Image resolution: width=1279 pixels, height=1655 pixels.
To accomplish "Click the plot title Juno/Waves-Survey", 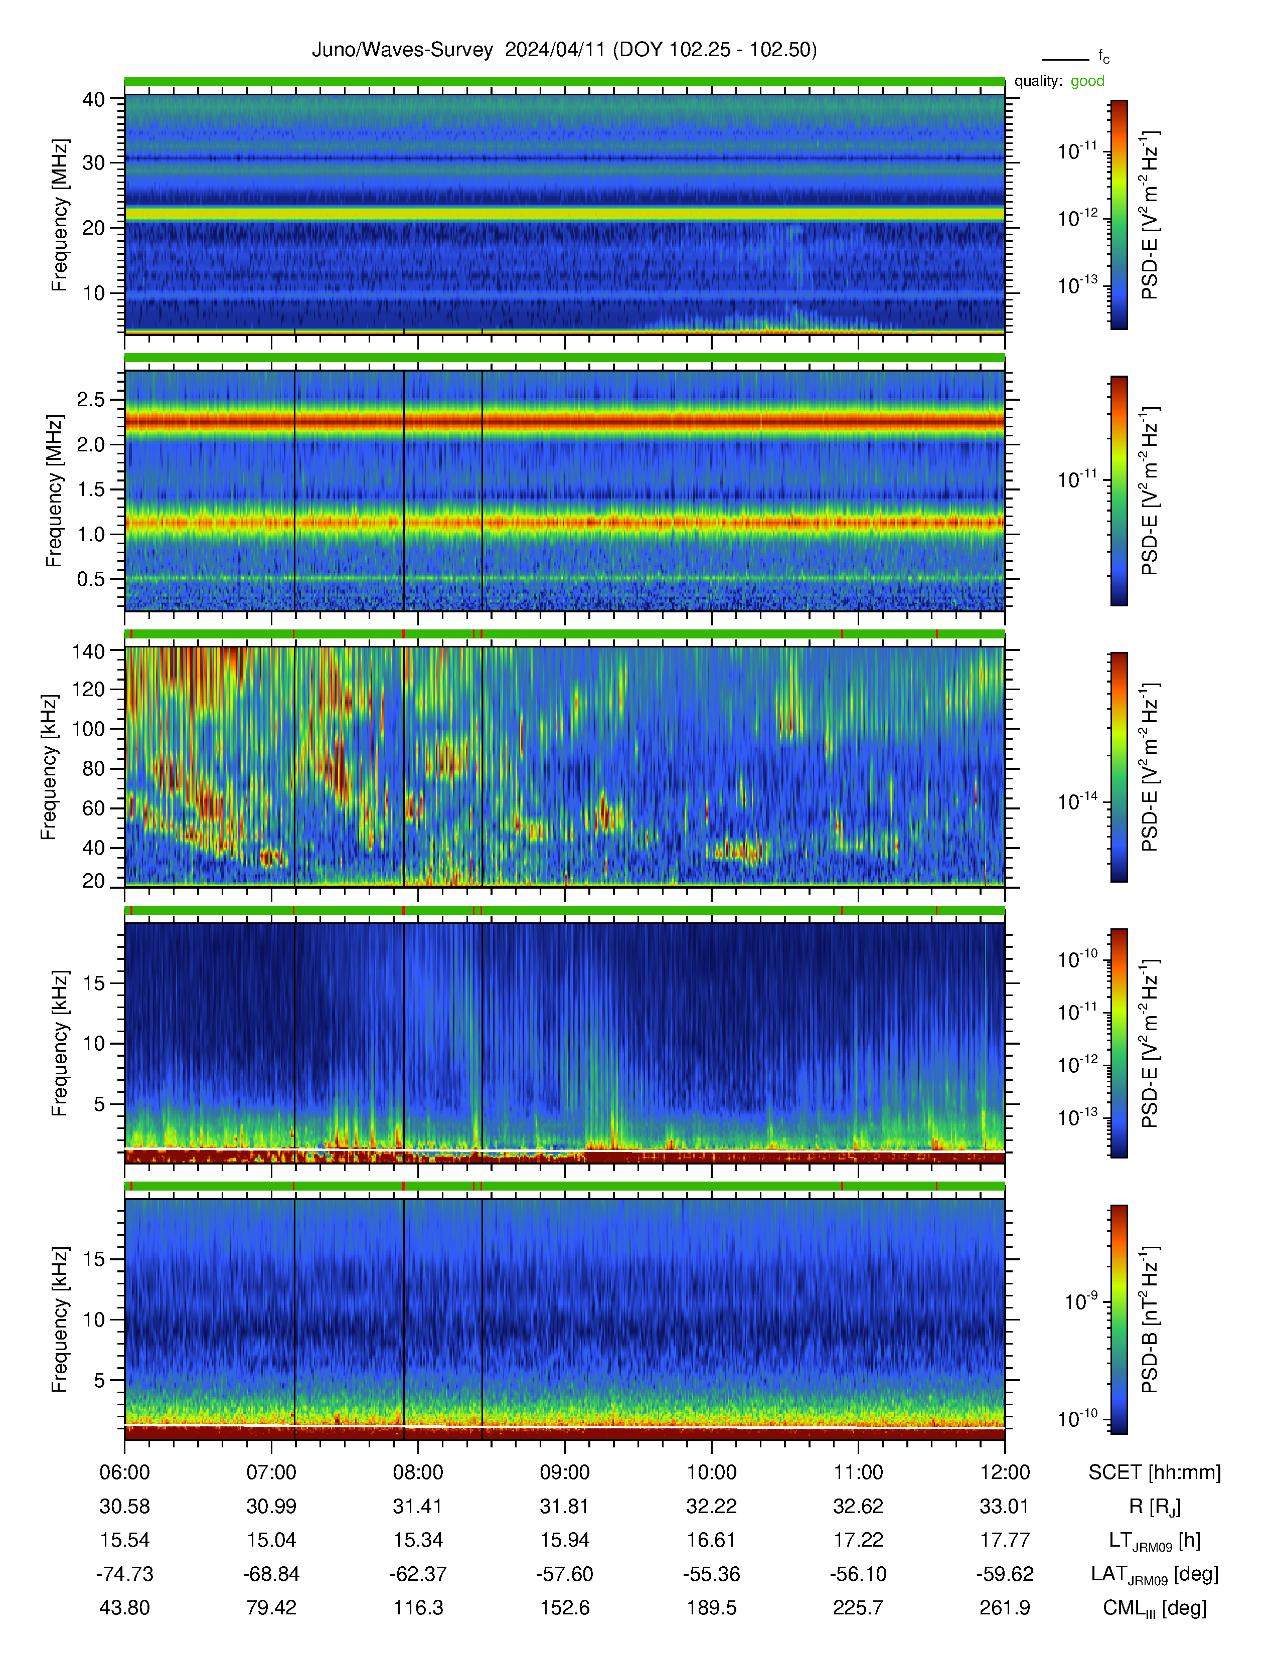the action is (402, 50).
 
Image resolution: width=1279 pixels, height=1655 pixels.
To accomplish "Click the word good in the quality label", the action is (1087, 81).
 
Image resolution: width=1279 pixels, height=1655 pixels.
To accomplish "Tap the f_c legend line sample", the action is (1065, 59).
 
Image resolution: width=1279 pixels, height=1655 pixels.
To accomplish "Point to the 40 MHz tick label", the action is (93, 99).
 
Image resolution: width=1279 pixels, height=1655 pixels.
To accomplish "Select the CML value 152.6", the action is (564, 1607).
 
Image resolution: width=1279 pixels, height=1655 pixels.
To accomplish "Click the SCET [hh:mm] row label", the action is (1155, 1472).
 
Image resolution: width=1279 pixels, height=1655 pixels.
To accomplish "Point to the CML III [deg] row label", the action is (1155, 1608).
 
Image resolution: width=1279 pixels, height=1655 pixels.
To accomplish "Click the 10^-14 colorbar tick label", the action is (1077, 800).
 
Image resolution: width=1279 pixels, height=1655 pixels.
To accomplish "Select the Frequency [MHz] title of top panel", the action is (59, 215).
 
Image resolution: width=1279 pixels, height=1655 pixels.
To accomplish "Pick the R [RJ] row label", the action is (1155, 1507).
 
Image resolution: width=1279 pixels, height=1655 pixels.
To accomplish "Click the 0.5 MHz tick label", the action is (90, 579).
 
